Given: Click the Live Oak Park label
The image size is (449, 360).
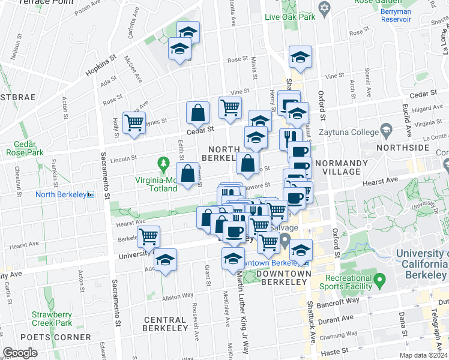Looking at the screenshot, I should [x=291, y=17].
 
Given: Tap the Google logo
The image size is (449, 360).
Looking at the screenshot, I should [x=20, y=353].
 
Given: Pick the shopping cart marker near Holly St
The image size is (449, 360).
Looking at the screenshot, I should [x=133, y=122].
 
